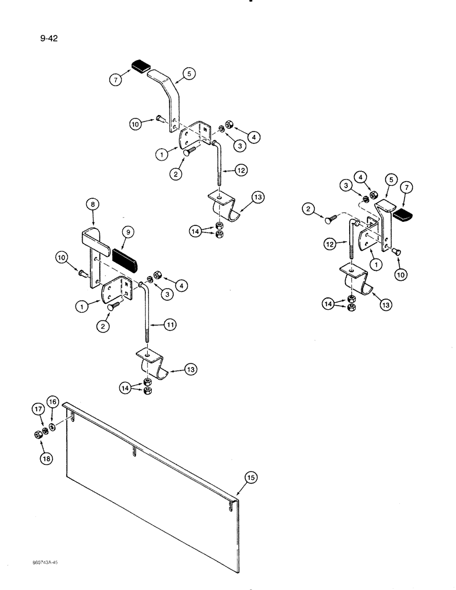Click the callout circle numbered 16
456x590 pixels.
click(x=52, y=402)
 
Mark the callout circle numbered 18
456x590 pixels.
click(x=43, y=455)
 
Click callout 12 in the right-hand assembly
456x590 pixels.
click(x=330, y=242)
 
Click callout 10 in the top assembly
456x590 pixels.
click(x=136, y=123)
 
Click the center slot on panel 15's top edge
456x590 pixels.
click(x=136, y=453)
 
